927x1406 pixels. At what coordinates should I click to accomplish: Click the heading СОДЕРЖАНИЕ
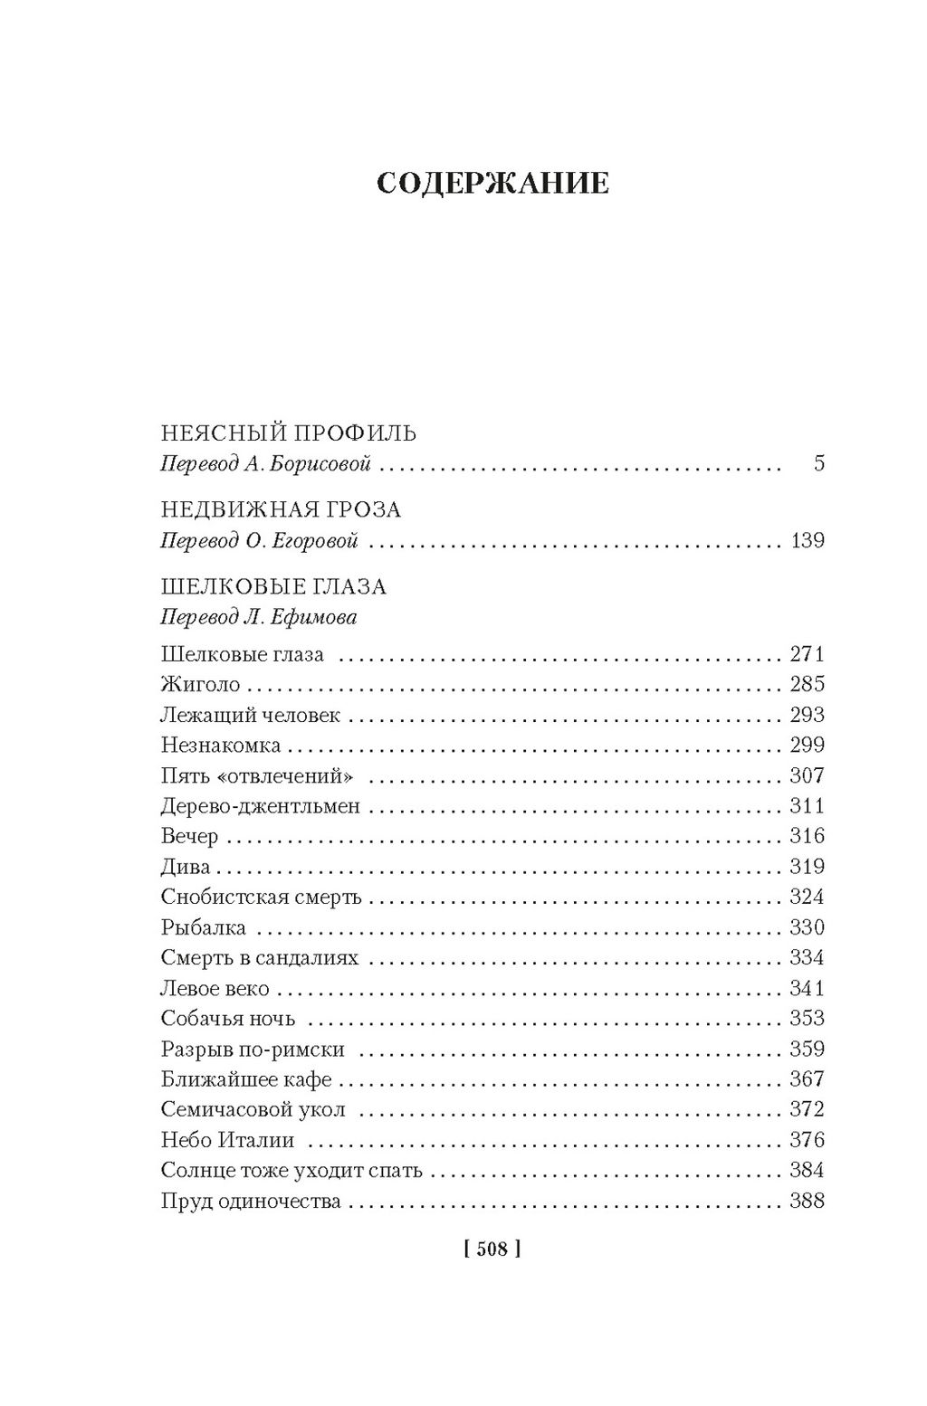point(492,184)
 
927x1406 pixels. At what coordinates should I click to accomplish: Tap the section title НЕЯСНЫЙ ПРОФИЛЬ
point(288,433)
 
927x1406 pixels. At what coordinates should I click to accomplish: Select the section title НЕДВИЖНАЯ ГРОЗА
point(281,510)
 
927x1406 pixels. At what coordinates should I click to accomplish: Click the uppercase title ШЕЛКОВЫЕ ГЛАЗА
point(273,587)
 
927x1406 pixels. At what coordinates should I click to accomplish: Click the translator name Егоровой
point(315,541)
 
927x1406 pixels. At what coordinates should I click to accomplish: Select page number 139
point(807,541)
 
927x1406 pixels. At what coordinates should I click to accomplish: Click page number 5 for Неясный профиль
point(819,465)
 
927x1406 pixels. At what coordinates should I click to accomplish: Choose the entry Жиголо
point(200,685)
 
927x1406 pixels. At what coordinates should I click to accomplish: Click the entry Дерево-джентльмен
point(261,806)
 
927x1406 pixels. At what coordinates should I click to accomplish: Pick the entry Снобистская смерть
point(261,898)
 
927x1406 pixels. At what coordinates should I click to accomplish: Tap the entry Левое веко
point(215,989)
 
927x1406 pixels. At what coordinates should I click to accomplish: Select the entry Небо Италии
point(227,1141)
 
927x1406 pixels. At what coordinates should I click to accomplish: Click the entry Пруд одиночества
point(251,1202)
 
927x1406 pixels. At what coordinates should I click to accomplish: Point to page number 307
point(807,775)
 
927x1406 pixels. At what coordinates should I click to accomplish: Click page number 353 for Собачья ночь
point(807,1019)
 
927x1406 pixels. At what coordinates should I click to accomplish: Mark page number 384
point(807,1171)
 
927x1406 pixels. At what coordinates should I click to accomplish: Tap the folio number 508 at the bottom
point(492,1249)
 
